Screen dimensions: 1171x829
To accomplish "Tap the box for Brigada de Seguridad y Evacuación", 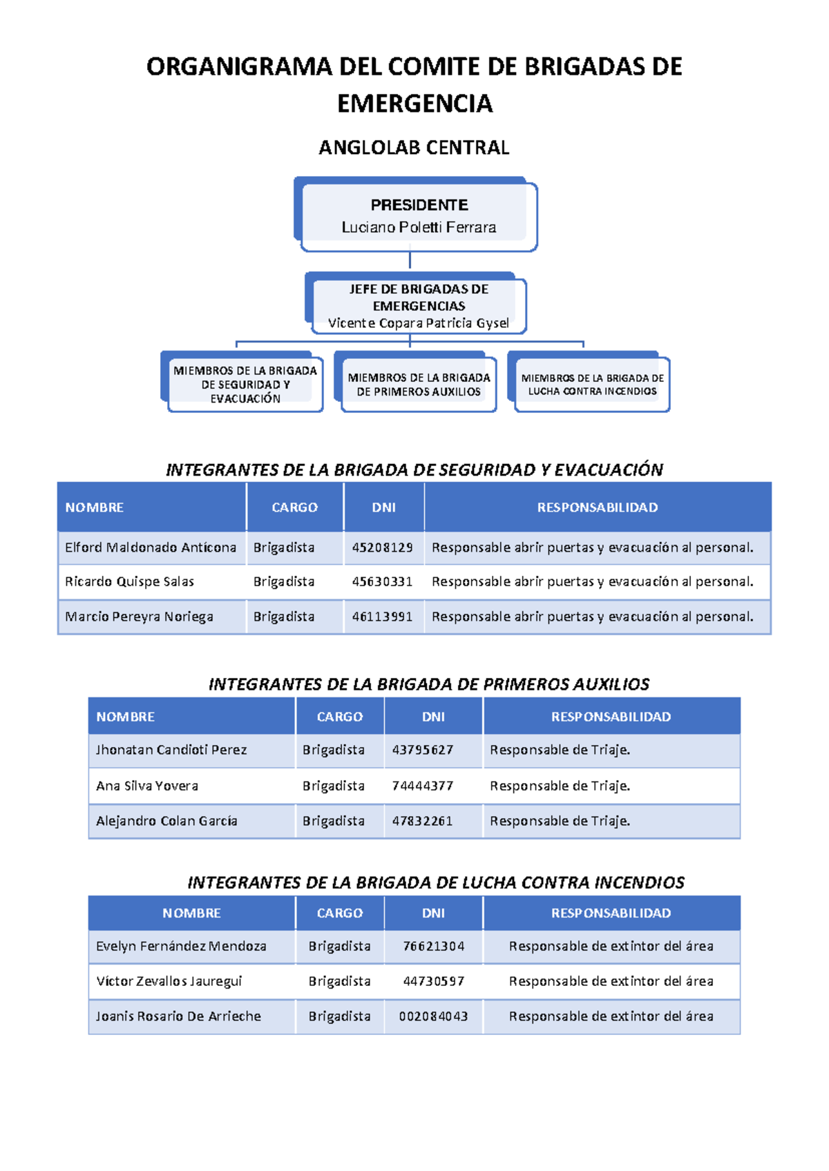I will pos(245,385).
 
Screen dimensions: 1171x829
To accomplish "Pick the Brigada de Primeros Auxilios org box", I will pos(419,385).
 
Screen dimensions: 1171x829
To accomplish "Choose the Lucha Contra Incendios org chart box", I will pos(592,385).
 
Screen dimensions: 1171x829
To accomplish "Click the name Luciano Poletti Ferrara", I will pos(419,227).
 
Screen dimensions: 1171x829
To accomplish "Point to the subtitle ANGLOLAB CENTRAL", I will pos(414,148).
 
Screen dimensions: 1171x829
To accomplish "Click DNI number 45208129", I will pos(382,548).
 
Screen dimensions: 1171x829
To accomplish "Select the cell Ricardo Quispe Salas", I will pos(129,581).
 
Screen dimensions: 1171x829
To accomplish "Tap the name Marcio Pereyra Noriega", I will pos(139,617).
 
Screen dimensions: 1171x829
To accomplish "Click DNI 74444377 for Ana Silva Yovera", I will pos(422,786).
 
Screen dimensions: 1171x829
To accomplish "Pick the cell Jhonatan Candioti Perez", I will pos(171,750).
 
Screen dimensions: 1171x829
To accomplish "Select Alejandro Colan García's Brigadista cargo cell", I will pos(333,821).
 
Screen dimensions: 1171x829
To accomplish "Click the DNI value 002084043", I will pos(433,1016).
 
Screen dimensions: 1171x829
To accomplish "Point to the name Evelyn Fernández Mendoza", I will pos(181,946).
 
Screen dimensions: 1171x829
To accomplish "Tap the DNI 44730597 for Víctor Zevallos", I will pos(433,981).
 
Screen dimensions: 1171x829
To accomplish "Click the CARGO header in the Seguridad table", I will pos(294,507).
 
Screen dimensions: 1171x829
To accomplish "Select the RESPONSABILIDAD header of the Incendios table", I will pos(611,913).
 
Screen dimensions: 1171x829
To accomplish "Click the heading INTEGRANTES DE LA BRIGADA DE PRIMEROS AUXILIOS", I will pos(428,684).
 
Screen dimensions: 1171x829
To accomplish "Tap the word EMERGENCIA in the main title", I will pos(414,104).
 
